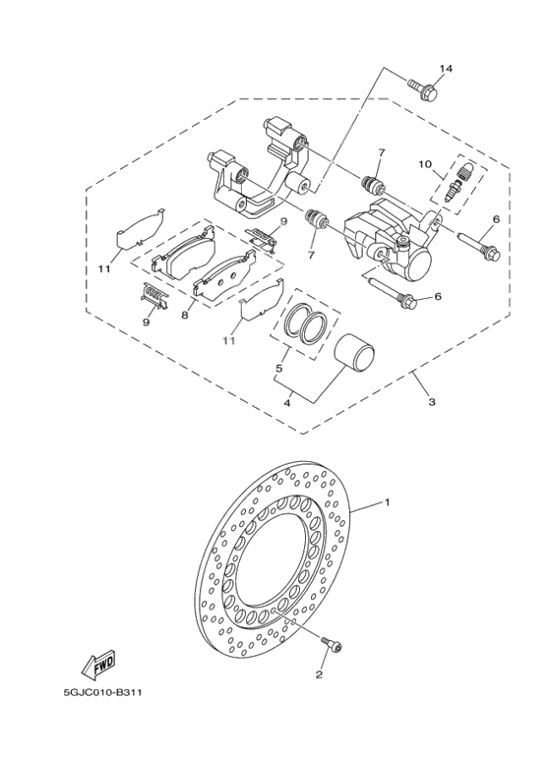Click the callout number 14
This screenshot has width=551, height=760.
(445, 69)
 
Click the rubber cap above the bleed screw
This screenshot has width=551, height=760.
(466, 171)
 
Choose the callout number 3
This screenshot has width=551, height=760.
(429, 402)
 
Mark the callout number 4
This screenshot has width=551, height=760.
(287, 401)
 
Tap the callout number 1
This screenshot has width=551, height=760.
(387, 502)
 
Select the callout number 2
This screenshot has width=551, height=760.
(319, 675)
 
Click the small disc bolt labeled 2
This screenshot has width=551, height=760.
(331, 644)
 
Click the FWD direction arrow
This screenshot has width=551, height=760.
(100, 668)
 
